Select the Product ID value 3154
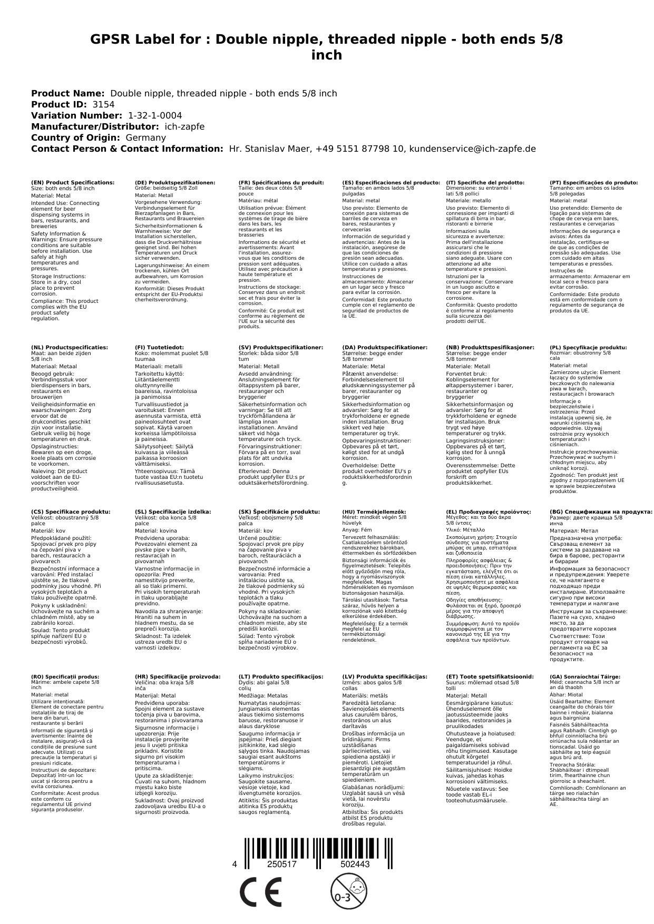(103, 104)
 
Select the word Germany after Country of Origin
(145, 137)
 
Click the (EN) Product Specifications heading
(73, 182)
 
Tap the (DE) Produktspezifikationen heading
(175, 182)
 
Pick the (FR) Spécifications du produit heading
(281, 182)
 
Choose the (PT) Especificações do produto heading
(593, 182)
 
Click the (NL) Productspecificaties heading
(70, 347)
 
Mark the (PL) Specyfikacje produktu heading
(588, 347)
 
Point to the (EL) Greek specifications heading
(489, 512)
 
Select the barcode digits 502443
(355, 864)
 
